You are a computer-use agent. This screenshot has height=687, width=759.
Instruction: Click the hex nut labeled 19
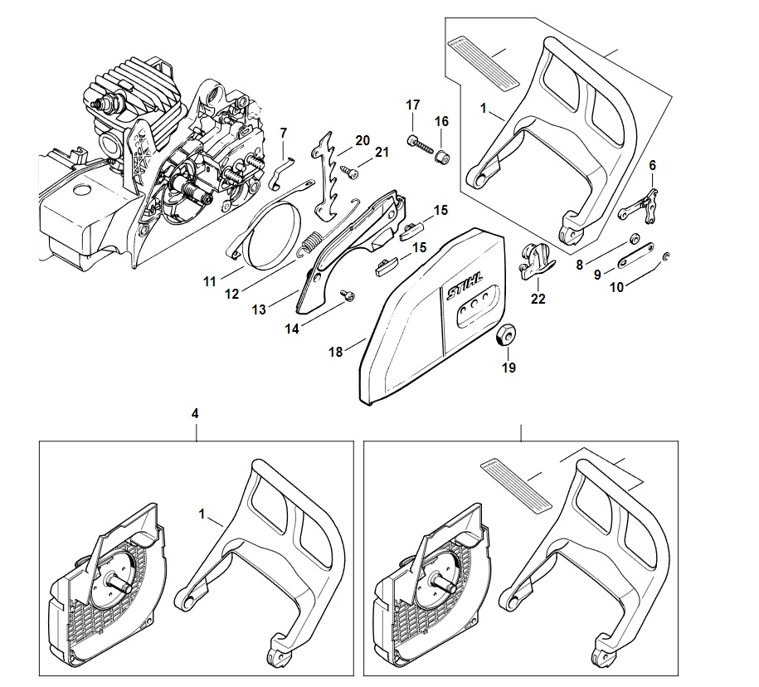504,334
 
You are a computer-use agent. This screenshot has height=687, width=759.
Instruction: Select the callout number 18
335,352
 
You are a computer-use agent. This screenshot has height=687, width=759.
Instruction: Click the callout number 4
195,412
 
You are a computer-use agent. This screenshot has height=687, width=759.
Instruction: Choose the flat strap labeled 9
636,256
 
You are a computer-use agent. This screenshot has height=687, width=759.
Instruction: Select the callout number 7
283,133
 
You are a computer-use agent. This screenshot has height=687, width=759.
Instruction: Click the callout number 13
260,309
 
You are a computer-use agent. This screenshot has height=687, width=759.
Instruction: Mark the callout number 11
209,281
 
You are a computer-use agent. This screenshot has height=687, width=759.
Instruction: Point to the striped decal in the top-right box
484,61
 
